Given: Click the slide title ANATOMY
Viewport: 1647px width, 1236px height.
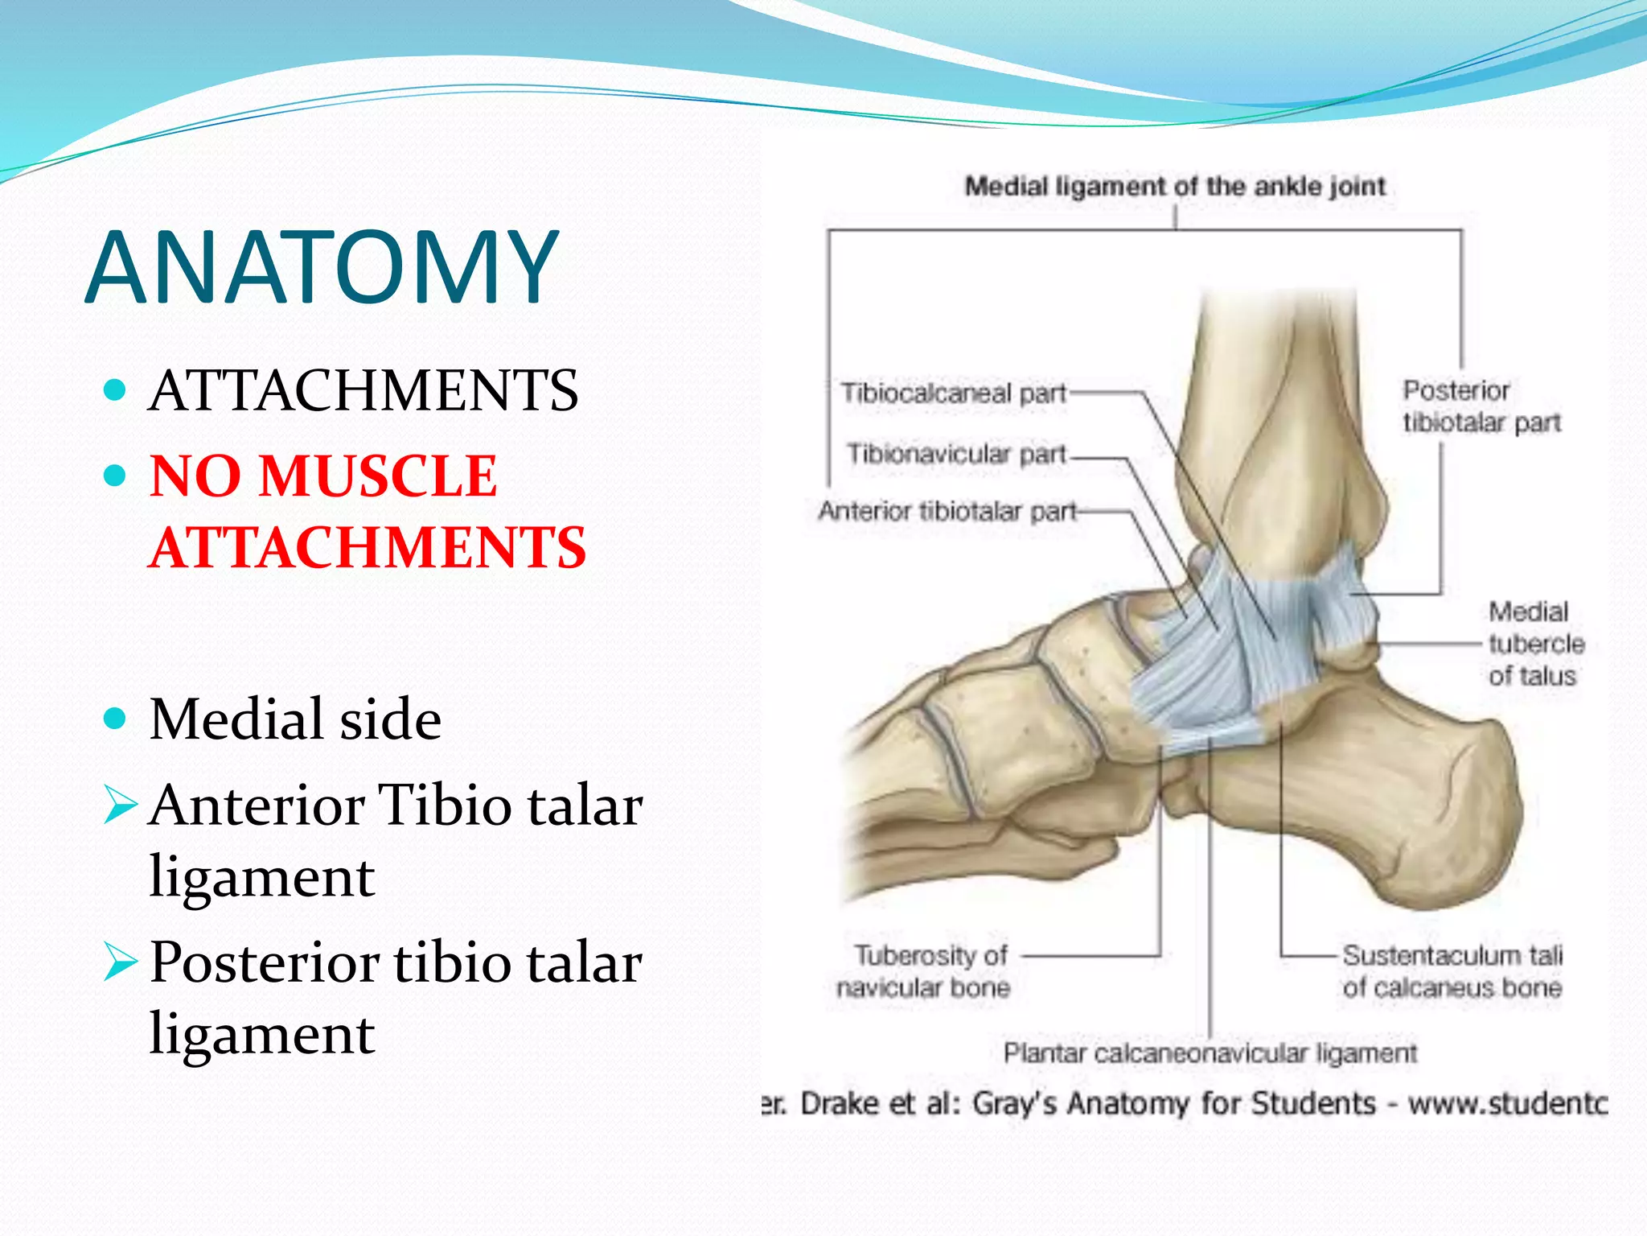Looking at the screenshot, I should [x=321, y=267].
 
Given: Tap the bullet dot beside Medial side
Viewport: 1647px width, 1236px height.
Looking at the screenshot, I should [x=116, y=717].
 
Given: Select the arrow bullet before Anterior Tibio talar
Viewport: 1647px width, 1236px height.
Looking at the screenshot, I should [x=121, y=805].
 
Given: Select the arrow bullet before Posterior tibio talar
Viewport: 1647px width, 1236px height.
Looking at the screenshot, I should [x=121, y=962].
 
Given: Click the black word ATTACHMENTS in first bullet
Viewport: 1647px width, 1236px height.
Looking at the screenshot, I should [x=363, y=391].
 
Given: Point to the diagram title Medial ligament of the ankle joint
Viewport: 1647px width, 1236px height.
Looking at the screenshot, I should [x=1174, y=187].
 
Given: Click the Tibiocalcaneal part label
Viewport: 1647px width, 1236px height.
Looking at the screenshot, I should [x=953, y=393].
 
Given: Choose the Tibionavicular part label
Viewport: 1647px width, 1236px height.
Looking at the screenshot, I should [x=956, y=454].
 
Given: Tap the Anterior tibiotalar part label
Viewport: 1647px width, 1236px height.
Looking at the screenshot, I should [x=947, y=511].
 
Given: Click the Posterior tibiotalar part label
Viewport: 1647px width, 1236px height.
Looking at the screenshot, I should [x=1481, y=406].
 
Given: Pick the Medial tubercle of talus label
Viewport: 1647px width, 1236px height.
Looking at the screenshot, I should [x=1534, y=644].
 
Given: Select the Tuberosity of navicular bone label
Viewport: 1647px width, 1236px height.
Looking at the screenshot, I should [x=923, y=971].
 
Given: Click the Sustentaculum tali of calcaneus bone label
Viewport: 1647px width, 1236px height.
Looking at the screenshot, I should [x=1452, y=971].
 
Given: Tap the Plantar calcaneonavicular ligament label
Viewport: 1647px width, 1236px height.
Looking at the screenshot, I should [x=1210, y=1053].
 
